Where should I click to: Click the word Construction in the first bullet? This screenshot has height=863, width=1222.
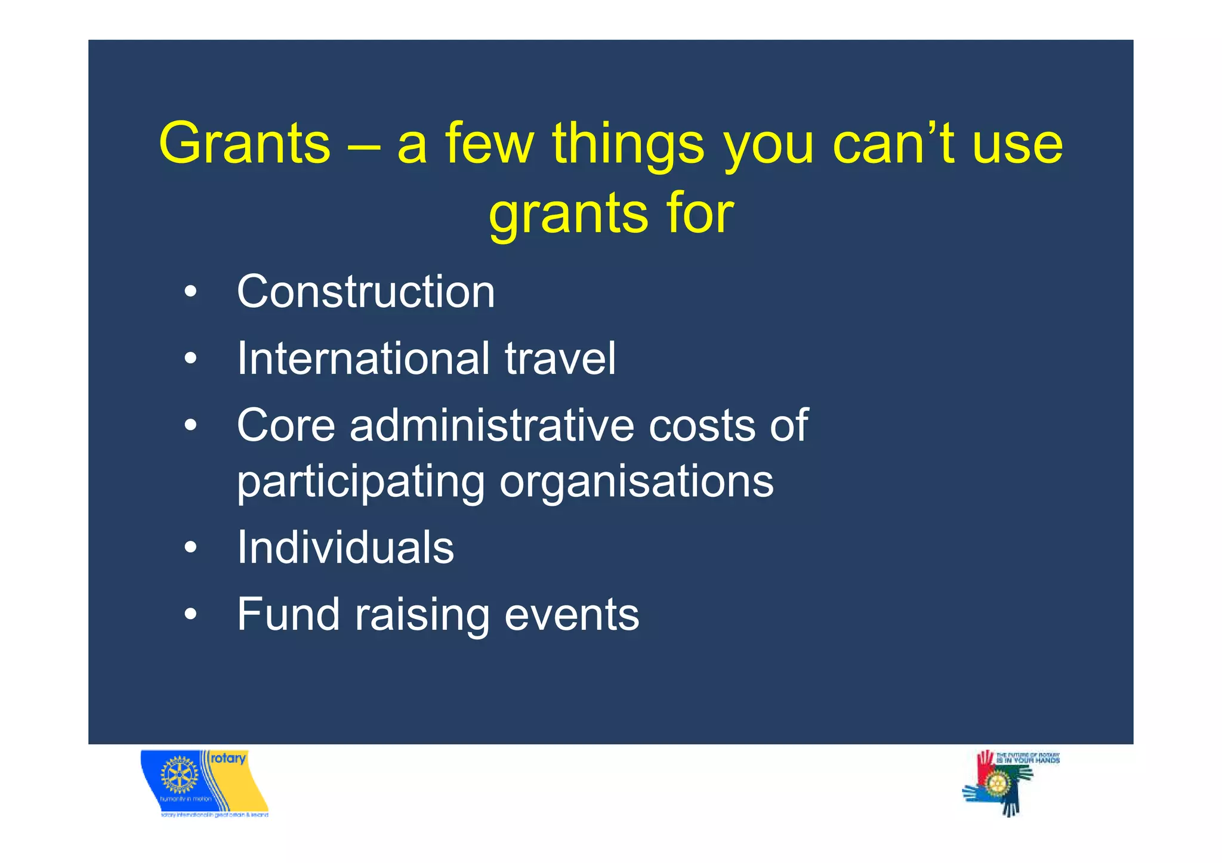[x=366, y=292]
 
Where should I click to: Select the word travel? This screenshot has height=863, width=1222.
[x=560, y=358]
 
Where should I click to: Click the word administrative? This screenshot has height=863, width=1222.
[x=492, y=425]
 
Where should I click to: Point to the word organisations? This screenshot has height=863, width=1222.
[x=636, y=482]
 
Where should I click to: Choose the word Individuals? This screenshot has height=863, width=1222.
[x=345, y=548]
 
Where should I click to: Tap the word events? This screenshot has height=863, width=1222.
[x=571, y=615]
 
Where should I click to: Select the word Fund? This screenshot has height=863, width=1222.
[x=288, y=614]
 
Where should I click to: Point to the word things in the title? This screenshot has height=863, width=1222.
[x=628, y=144]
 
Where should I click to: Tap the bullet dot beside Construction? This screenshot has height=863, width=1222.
[x=190, y=292]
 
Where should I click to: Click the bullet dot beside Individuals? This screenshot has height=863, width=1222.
[x=190, y=548]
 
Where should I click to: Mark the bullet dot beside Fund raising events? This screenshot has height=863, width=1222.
[x=190, y=614]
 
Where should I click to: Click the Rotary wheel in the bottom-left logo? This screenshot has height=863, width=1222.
[x=179, y=775]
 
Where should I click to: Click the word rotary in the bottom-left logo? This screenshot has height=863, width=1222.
[x=228, y=758]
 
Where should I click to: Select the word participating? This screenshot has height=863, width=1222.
[x=360, y=482]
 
